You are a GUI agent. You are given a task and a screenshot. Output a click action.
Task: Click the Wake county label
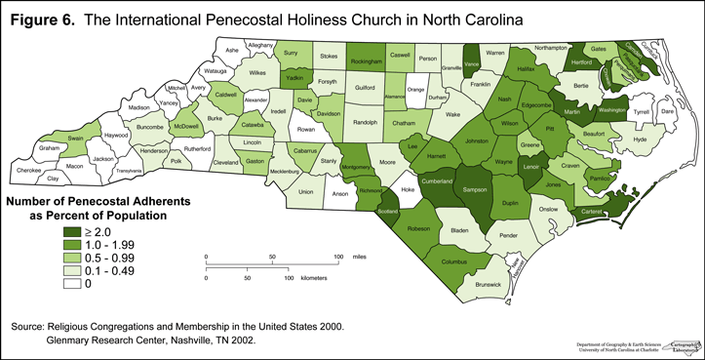(452, 114)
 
